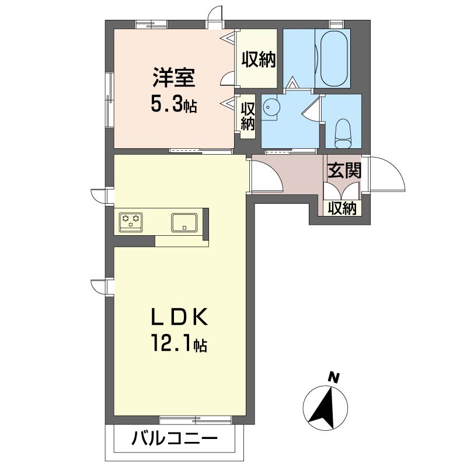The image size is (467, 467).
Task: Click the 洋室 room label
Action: click(x=174, y=78)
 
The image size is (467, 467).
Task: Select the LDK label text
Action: click(x=180, y=318)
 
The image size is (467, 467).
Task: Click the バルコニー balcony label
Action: click(x=175, y=439)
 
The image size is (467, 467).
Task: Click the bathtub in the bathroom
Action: click(x=333, y=58)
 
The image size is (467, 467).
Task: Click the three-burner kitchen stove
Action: click(x=131, y=222)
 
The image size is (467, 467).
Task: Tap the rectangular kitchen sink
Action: click(x=184, y=222)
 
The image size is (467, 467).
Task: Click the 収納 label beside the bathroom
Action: click(x=259, y=60)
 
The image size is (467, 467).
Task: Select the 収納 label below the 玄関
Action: click(x=342, y=208)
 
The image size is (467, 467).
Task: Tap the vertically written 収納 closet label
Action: click(x=248, y=116)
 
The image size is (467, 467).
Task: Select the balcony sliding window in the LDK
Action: click(x=195, y=420)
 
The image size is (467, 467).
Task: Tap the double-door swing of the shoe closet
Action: click(x=342, y=190)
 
